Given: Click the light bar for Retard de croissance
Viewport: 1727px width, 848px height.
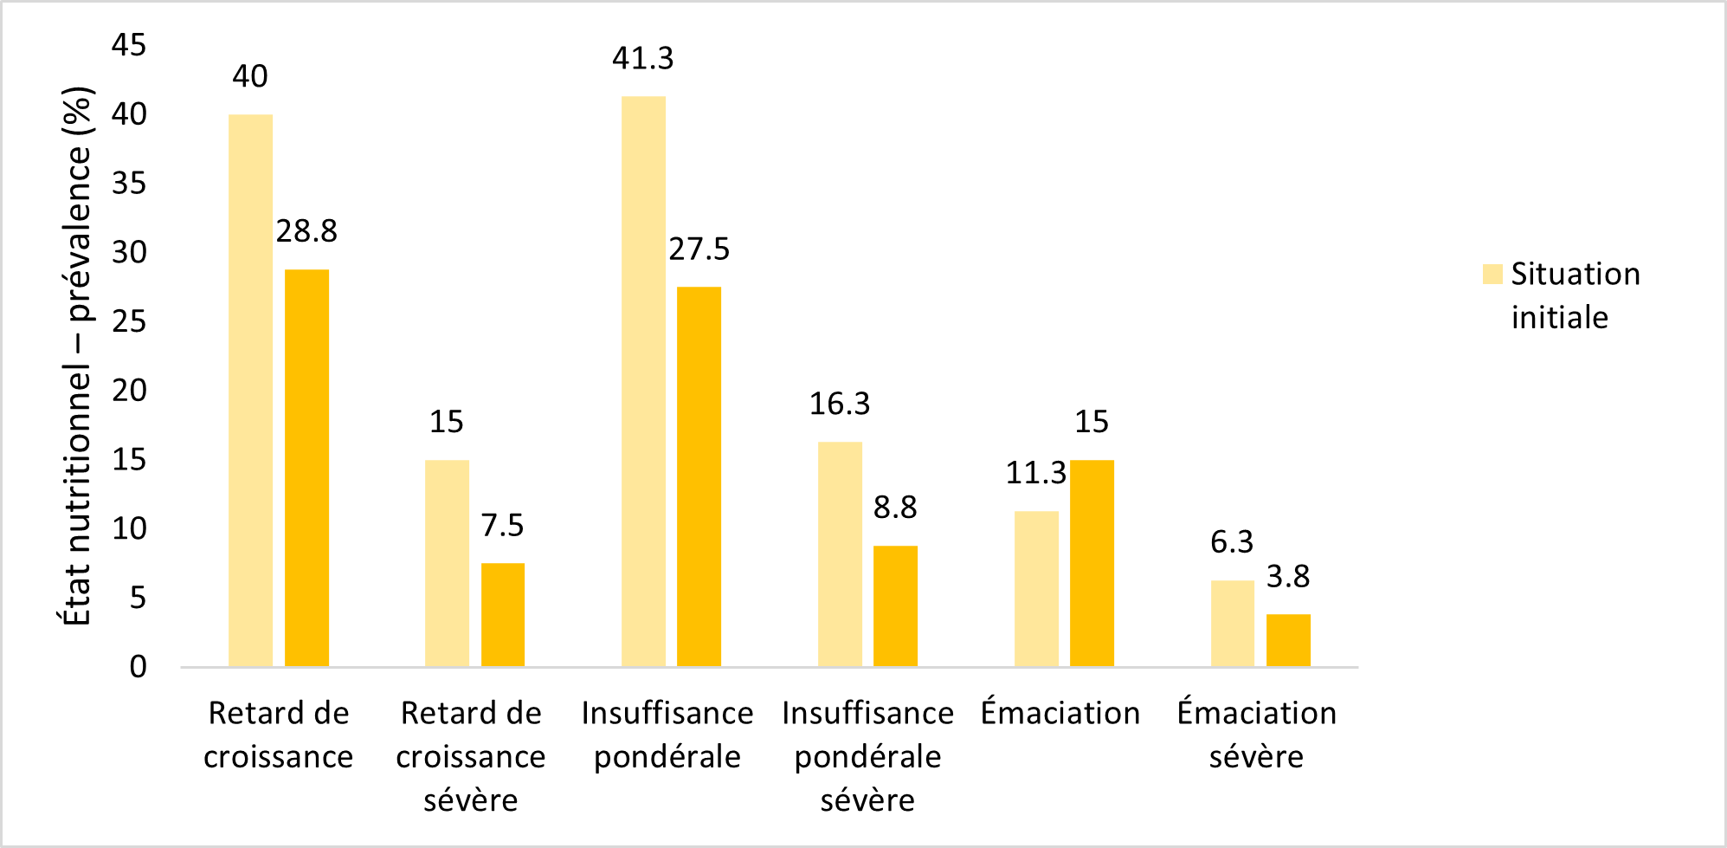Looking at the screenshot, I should pos(250,390).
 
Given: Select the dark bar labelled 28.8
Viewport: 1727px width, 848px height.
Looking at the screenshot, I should pos(306,468).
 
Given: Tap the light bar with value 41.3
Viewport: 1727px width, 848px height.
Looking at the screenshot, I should pos(643,381).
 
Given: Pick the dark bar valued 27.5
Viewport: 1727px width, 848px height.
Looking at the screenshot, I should pos(699,476).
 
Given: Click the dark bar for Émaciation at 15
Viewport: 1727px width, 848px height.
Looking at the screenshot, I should pos(1092,563).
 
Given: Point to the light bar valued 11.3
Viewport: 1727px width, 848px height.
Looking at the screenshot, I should pos(1036,589).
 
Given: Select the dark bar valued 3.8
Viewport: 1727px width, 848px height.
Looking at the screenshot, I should pos(1288,640).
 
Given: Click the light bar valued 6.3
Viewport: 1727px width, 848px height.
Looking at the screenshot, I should pos(1232,624).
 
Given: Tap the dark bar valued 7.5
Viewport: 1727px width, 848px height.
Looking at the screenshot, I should pos(503,615).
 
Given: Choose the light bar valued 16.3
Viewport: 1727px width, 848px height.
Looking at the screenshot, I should pos(840,554).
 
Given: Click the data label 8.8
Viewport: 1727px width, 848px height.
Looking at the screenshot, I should pos(895,508).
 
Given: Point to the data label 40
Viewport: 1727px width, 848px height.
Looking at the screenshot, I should pos(250,76).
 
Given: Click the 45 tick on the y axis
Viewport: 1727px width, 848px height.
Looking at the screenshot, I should pos(129,45).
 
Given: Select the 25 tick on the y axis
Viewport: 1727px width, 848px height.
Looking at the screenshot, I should pos(129,321).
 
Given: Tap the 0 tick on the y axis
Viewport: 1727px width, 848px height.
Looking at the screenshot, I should pos(138,667).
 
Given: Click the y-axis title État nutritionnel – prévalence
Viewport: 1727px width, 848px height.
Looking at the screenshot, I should pos(77,355).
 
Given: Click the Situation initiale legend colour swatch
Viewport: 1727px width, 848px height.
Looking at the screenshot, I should pos(1492,275).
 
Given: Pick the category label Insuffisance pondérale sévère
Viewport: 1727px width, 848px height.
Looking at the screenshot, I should pos(867,756).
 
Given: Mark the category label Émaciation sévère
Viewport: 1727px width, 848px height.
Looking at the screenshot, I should pos(1256,735).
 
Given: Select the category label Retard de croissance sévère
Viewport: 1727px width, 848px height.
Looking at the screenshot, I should pos(471,756).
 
